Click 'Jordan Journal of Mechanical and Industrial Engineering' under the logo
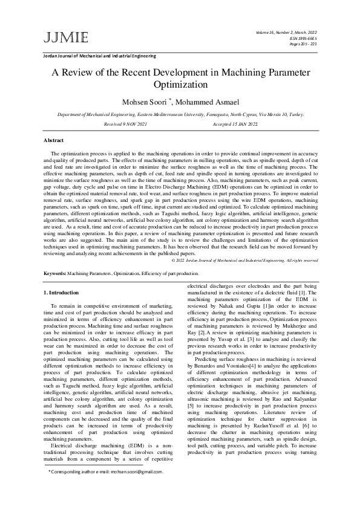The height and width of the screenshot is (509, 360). pyautogui.click(x=99, y=56)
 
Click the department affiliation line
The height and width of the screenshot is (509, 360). pyautogui.click(x=180, y=114)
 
